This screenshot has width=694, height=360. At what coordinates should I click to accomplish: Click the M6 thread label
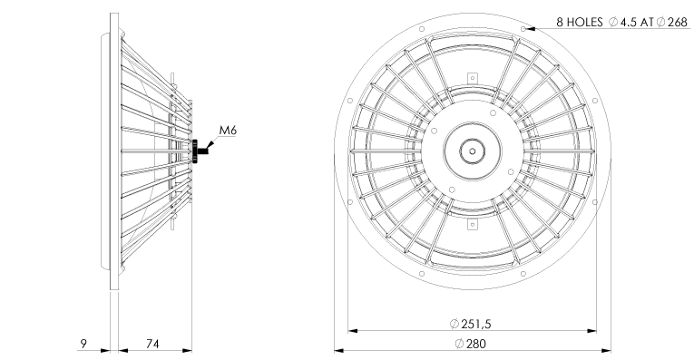pyautogui.click(x=228, y=131)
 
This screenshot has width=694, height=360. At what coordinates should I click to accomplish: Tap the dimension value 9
pyautogui.click(x=83, y=344)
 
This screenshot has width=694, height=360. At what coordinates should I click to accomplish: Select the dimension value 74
pyautogui.click(x=152, y=344)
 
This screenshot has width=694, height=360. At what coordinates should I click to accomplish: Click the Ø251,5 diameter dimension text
pyautogui.click(x=470, y=324)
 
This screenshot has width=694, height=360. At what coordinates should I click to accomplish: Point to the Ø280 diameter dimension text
pyautogui.click(x=470, y=344)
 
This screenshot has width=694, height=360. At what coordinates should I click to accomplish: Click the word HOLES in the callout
pyautogui.click(x=585, y=22)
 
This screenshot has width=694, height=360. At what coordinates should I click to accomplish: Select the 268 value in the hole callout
pyautogui.click(x=677, y=22)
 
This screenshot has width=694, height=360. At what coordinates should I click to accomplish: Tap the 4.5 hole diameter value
pyautogui.click(x=629, y=22)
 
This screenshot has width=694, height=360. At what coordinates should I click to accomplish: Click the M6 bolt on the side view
pyautogui.click(x=200, y=151)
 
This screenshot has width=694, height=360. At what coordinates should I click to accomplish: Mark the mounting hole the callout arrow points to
pyautogui.click(x=523, y=29)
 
